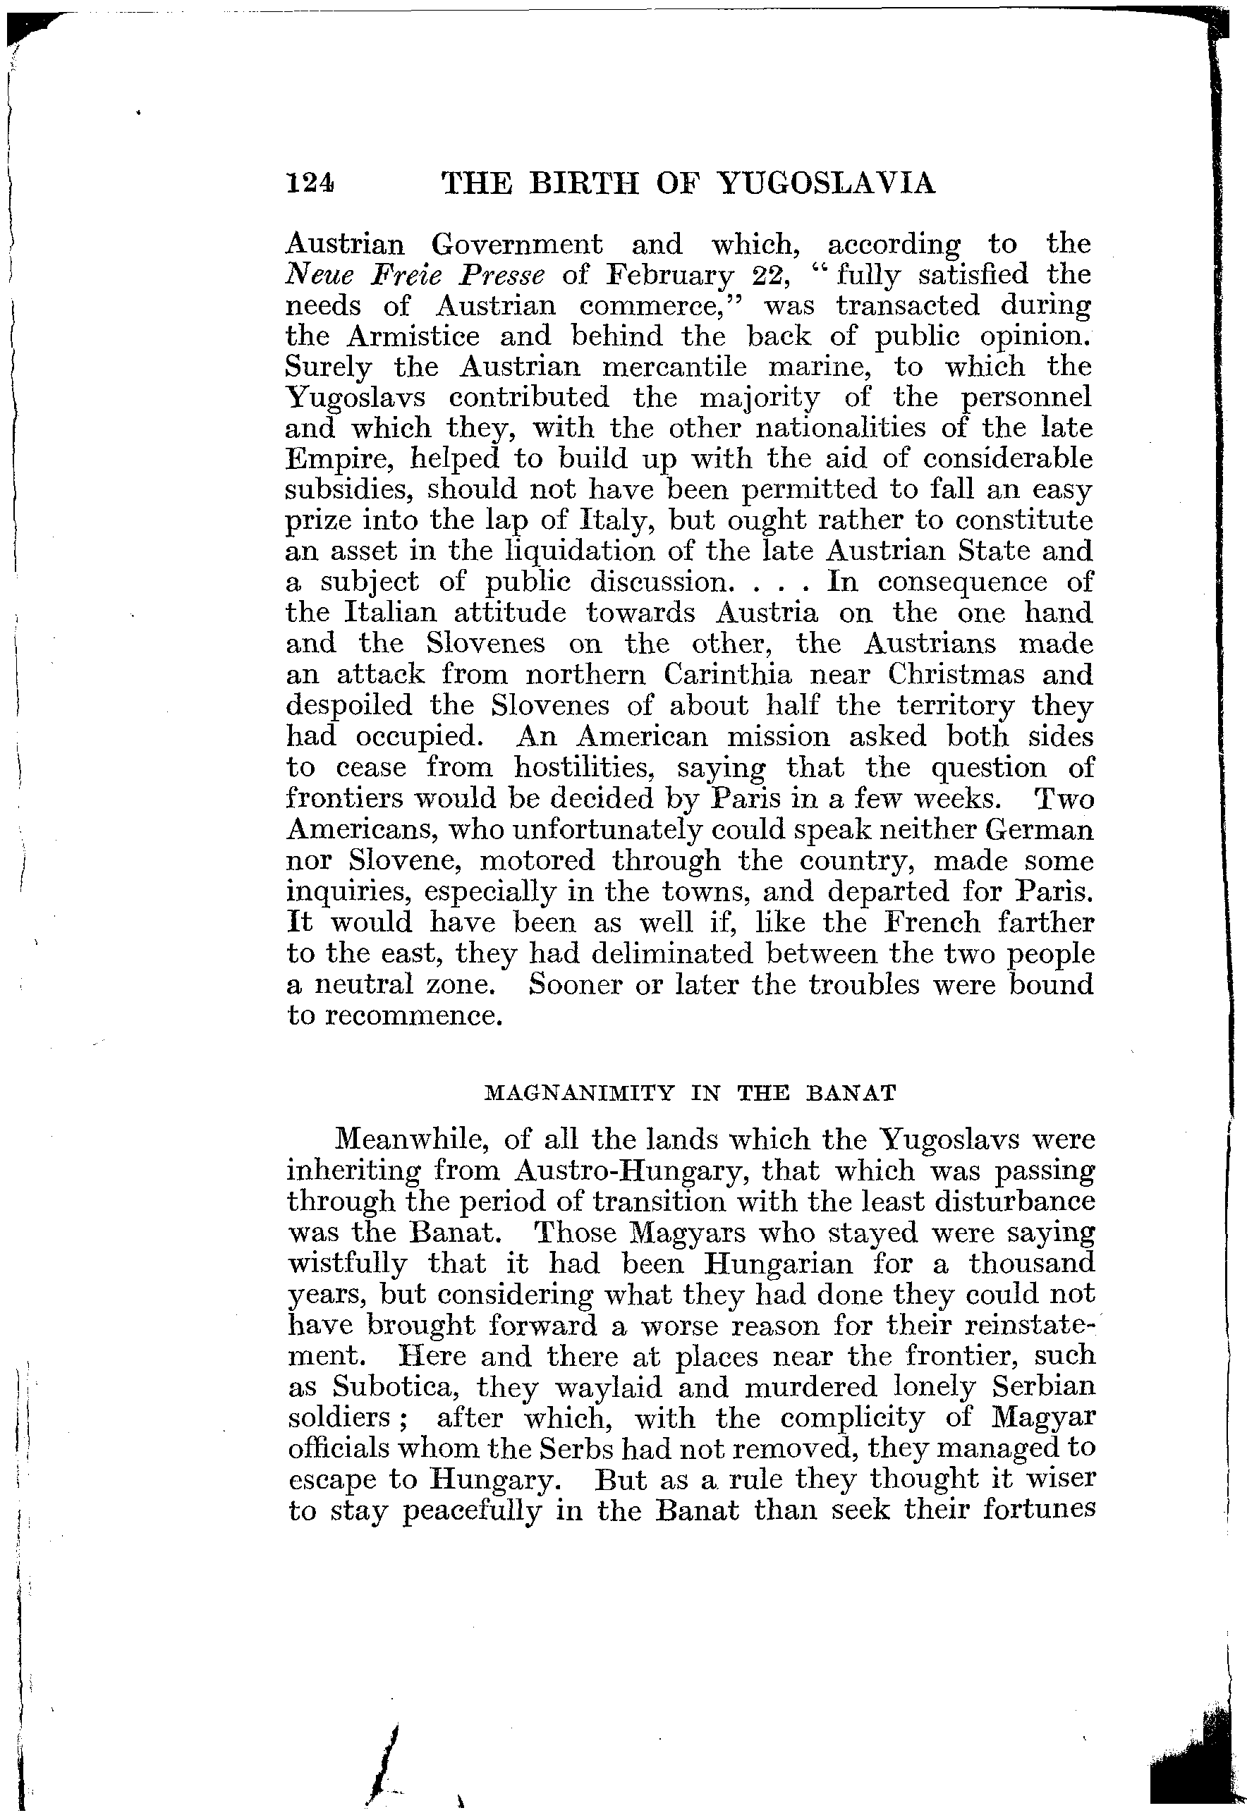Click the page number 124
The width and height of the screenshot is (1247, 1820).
tap(310, 183)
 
